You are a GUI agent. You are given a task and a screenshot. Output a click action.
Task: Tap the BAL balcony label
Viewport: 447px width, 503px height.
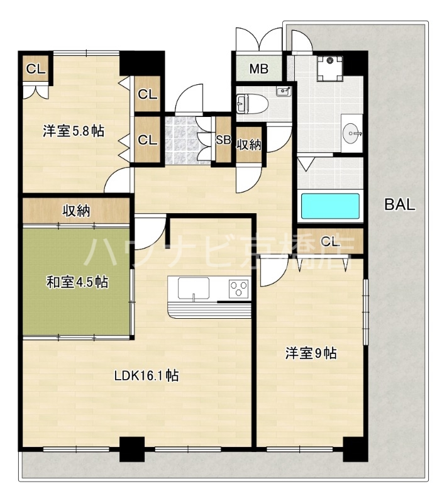coord(400,204)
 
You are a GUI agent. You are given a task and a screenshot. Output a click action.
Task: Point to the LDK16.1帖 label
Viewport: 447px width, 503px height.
coord(146,376)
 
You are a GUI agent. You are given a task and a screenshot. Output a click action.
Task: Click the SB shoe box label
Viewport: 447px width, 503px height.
coord(223,140)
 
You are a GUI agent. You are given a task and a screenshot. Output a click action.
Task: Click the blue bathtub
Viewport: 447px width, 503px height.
coord(329,207)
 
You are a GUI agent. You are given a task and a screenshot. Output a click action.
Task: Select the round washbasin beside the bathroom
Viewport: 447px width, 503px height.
coord(351,133)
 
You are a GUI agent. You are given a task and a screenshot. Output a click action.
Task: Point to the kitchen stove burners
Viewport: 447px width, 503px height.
coord(240,289)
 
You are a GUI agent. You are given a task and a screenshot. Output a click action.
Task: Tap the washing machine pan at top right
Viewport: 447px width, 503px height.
coord(329,67)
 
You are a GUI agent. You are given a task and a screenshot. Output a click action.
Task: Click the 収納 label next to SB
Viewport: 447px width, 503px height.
coord(248,145)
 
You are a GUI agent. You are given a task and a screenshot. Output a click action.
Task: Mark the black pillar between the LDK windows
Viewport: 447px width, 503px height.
coord(132,448)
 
